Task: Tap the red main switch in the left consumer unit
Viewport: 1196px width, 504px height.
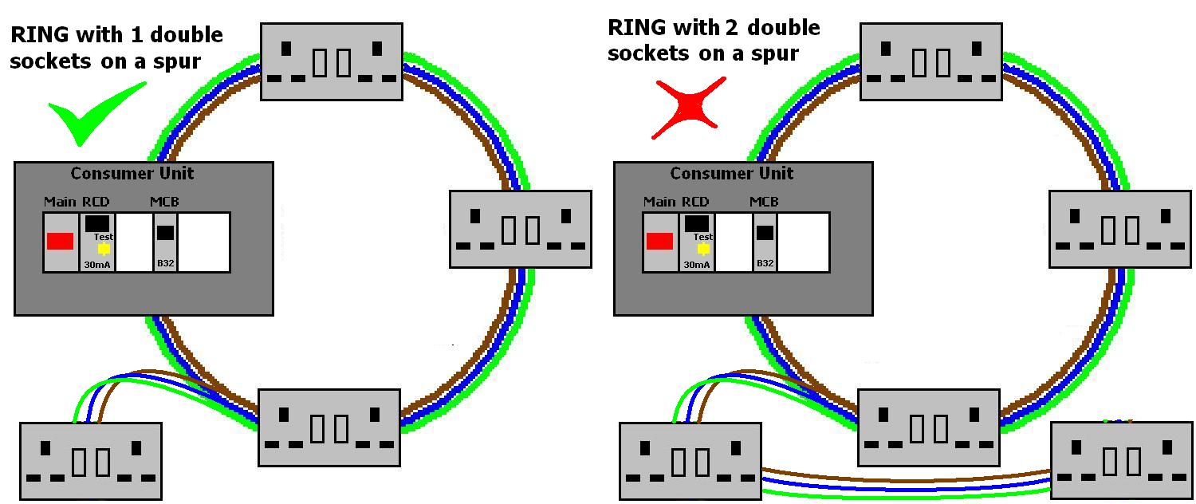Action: coord(60,241)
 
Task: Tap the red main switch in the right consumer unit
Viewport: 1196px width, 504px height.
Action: coord(659,241)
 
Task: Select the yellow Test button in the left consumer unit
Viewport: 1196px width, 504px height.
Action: coord(104,249)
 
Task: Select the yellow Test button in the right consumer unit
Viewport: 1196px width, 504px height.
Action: coord(703,249)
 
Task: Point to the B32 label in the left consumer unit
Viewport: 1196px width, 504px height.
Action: coord(165,263)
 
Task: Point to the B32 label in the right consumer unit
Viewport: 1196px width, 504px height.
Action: coord(765,263)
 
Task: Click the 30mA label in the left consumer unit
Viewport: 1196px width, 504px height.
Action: coord(96,264)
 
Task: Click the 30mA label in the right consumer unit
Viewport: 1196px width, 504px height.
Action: coord(696,264)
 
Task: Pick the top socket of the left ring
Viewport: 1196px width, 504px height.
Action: coord(332,61)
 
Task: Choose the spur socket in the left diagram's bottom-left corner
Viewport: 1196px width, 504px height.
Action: coord(90,461)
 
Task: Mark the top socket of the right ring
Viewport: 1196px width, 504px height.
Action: coord(930,61)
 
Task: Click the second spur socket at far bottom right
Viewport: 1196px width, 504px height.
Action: coord(1121,460)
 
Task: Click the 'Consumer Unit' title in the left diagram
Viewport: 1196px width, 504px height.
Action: coord(132,173)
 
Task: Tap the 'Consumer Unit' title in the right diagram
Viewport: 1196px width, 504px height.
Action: coord(731,173)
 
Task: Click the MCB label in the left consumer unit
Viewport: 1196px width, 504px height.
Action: coord(164,202)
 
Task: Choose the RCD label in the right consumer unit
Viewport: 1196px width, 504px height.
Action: coord(695,202)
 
